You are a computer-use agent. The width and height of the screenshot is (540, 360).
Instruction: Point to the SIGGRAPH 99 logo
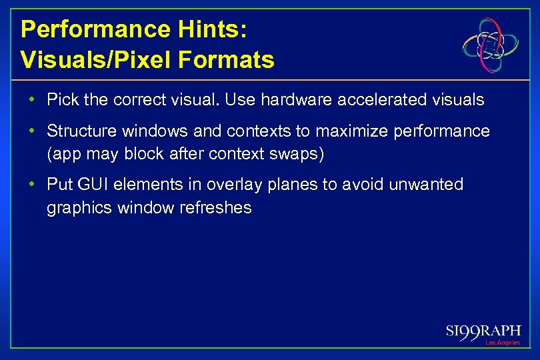point(483,332)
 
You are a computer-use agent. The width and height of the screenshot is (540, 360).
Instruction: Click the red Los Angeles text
point(503,343)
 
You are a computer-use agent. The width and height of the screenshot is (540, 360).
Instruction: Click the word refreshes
point(215,208)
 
